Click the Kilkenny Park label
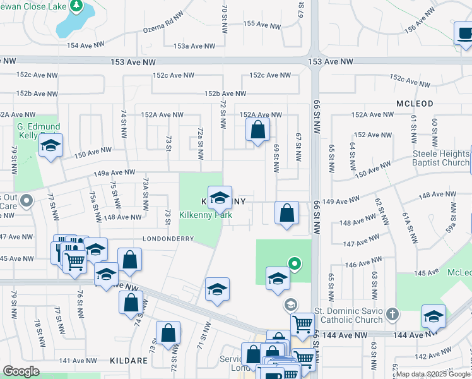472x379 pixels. coord(206,215)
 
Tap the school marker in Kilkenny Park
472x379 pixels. coord(220,198)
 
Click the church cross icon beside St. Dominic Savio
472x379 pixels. coord(392,314)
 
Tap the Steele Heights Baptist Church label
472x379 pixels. coord(441,158)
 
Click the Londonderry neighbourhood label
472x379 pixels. coord(169,239)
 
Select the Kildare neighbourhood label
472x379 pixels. coord(130,361)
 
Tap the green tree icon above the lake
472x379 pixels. coord(76,6)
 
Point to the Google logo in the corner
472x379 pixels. coord(21,371)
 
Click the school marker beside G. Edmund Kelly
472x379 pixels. coord(50,146)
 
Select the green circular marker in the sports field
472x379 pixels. coord(293,263)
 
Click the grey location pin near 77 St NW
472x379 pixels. coord(26,202)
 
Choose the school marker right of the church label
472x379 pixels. coord(434,317)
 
